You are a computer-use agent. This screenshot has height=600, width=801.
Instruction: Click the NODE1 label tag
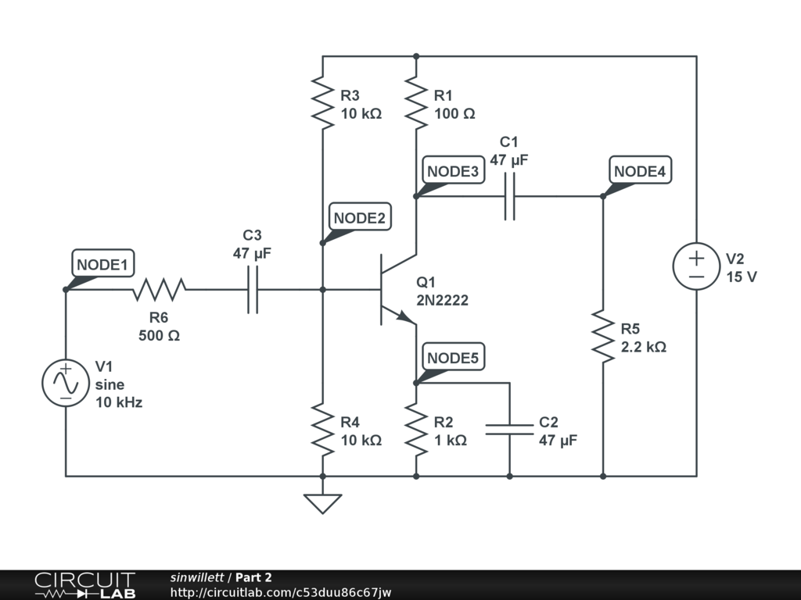[x=102, y=265]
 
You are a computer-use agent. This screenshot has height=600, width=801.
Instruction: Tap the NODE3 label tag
[x=453, y=171]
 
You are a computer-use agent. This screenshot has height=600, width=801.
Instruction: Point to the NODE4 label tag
[x=641, y=171]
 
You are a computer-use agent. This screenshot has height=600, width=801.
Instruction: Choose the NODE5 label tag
[x=453, y=358]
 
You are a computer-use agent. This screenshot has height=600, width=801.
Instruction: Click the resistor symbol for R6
[x=159, y=290]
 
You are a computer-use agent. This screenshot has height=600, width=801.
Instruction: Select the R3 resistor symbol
[x=322, y=102]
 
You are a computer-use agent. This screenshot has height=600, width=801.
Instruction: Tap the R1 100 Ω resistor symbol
[x=416, y=102]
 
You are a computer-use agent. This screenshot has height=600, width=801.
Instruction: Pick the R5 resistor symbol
[x=603, y=336]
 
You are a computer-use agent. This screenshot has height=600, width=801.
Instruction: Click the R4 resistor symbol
[x=322, y=430]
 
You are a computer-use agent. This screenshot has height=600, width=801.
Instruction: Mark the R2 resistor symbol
[x=416, y=430]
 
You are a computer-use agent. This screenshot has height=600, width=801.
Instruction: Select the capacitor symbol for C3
[x=253, y=290]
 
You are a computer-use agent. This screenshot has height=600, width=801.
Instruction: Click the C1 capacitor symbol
[x=509, y=196]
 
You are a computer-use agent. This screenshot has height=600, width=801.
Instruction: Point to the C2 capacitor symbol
[x=509, y=430]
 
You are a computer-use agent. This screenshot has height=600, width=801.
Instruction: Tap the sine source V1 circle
[x=66, y=383]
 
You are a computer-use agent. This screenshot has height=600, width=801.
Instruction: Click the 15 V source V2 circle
[x=696, y=266]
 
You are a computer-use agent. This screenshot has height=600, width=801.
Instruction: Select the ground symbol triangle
[x=322, y=503]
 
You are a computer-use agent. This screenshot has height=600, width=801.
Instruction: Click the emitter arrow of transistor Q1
[x=404, y=316]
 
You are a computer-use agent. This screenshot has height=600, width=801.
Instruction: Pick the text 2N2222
[x=442, y=300]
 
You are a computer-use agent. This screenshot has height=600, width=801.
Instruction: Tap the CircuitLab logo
[x=84, y=585]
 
